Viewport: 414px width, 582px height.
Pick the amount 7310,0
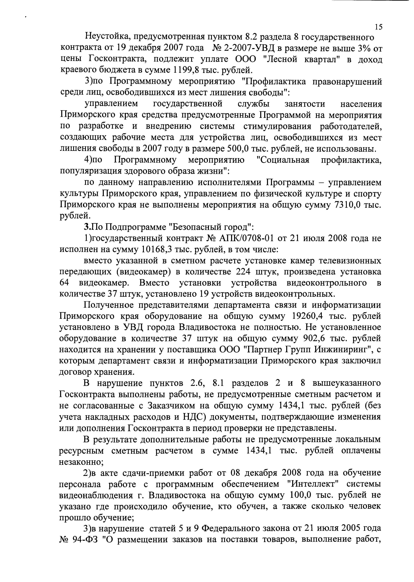click(x=348, y=205)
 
